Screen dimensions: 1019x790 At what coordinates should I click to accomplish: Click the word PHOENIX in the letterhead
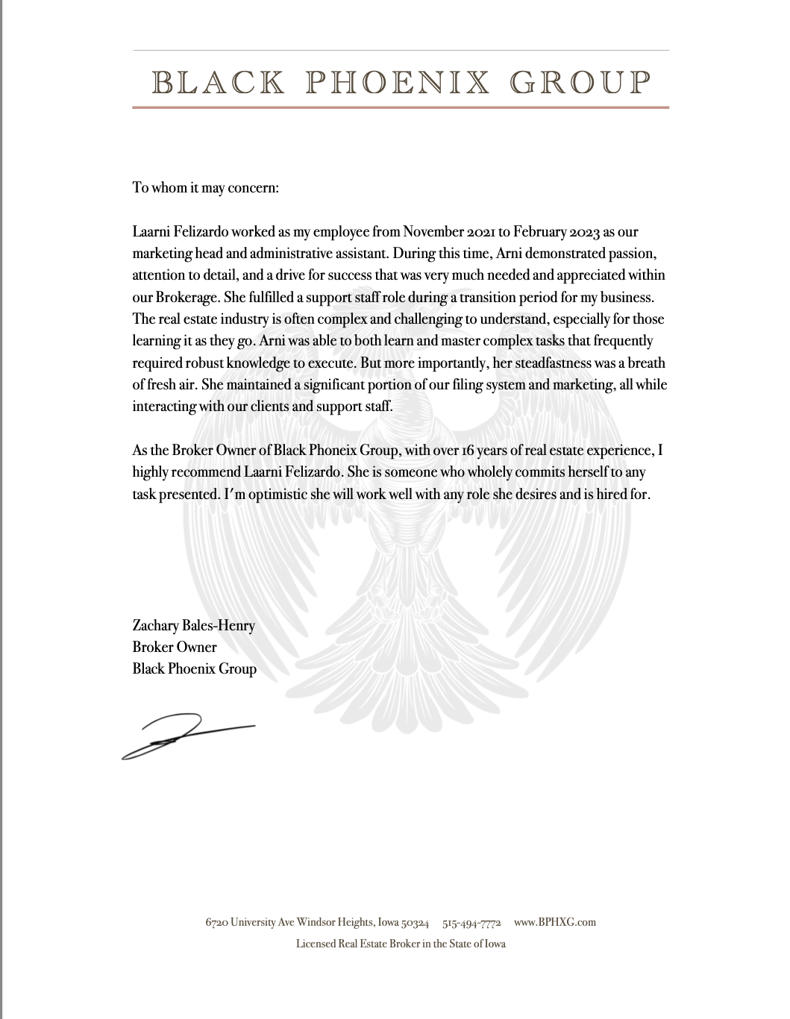tap(398, 82)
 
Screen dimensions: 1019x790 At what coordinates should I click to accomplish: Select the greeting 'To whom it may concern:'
tap(205, 187)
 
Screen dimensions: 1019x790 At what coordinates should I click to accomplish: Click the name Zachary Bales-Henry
tap(193, 625)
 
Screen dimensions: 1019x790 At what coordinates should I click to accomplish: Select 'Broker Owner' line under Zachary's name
tap(175, 647)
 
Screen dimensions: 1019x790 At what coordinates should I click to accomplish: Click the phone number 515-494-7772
tap(471, 922)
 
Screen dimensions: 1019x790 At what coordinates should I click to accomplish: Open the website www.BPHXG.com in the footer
tap(555, 922)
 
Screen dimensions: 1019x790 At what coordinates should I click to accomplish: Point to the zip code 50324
tap(415, 922)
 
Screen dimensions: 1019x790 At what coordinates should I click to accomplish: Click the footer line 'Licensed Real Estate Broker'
tap(401, 944)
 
